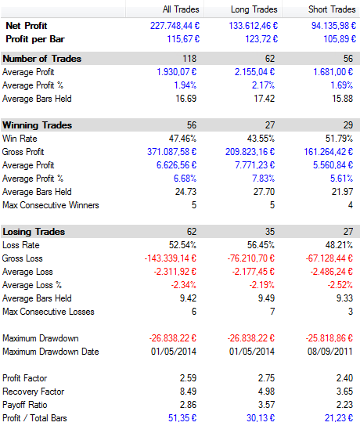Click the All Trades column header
point(181,9)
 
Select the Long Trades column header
point(254,9)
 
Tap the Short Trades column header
point(332,9)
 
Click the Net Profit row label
point(27,26)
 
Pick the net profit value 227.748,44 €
point(175,26)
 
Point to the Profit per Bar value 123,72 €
point(261,39)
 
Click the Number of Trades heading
point(42,59)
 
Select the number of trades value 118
point(189,59)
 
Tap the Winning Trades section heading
point(38,125)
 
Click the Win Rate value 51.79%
point(339,139)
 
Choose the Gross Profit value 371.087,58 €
point(171,152)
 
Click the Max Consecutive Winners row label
point(51,205)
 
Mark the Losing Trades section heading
point(34,232)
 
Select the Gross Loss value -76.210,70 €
point(251,258)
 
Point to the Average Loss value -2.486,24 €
point(332,272)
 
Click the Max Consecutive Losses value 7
point(272,312)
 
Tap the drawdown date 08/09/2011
point(329,352)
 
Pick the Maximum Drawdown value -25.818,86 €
point(329,338)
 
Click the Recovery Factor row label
point(34,392)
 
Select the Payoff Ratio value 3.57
point(266,405)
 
